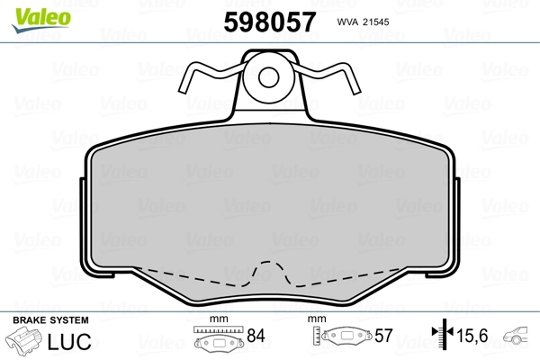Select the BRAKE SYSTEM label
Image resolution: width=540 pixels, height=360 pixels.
50,320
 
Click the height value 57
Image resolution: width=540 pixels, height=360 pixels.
383,337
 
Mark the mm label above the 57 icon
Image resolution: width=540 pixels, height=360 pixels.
315,319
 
